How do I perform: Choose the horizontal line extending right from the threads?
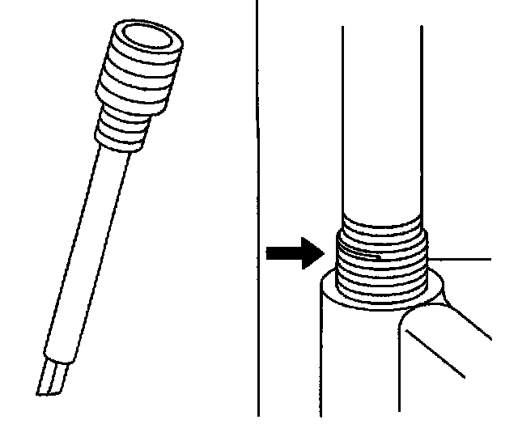(x=461, y=259)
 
